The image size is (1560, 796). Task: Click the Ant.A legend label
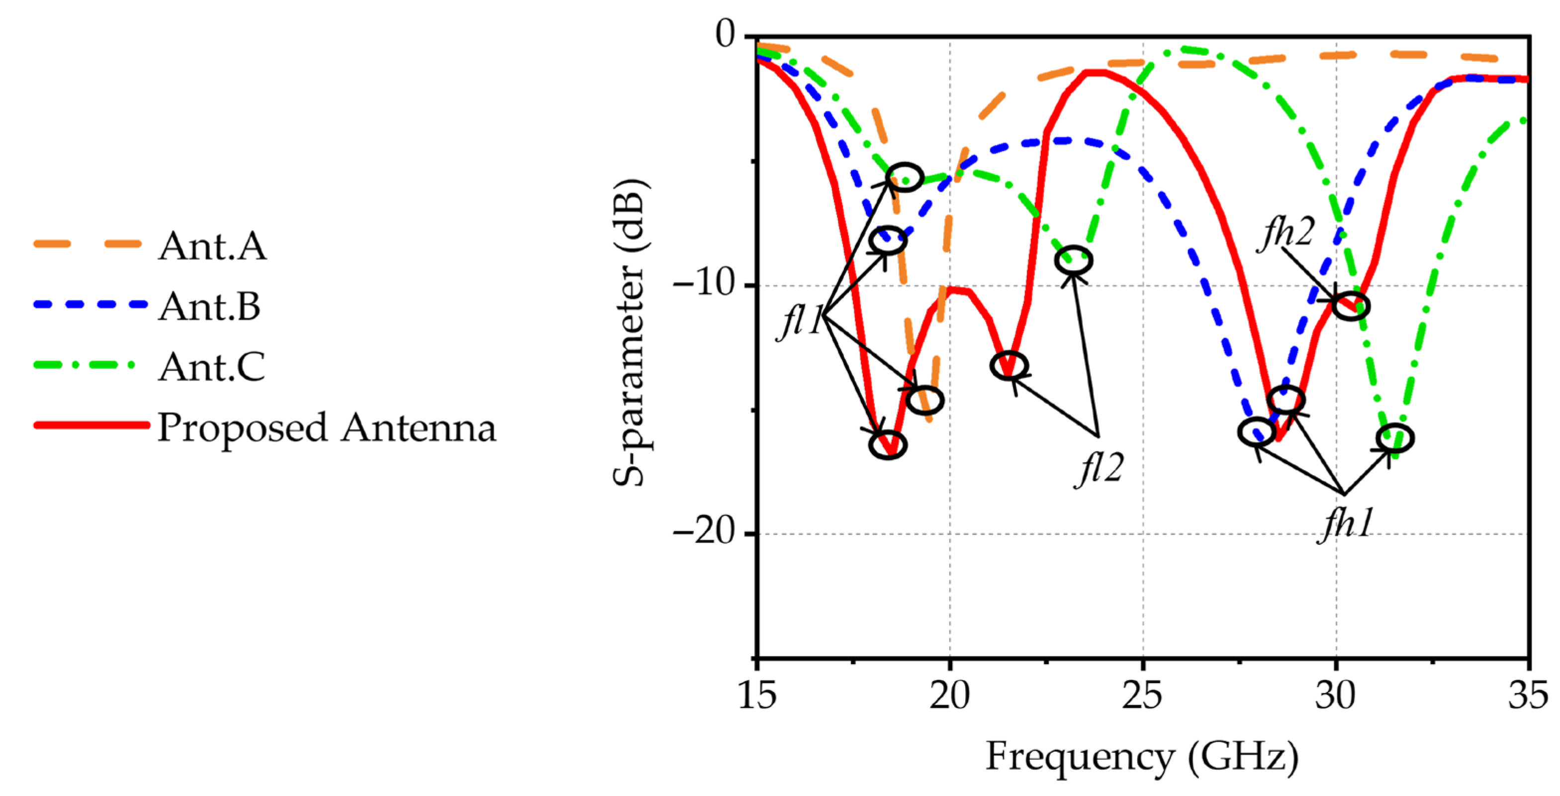point(212,245)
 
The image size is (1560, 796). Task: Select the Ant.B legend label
point(209,306)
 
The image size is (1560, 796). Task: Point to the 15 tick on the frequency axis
point(757,695)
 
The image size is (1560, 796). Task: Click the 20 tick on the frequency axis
point(949,695)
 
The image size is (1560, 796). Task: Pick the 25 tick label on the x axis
point(1142,695)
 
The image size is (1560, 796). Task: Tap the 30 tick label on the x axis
point(1335,695)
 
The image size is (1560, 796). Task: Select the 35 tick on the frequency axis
point(1528,695)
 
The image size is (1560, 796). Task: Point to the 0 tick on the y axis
point(725,34)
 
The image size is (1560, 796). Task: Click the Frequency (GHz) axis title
point(1142,757)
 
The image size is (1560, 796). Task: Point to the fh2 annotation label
point(1286,233)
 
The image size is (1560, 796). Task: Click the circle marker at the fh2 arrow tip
point(1351,306)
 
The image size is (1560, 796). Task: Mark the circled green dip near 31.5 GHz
point(1395,438)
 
